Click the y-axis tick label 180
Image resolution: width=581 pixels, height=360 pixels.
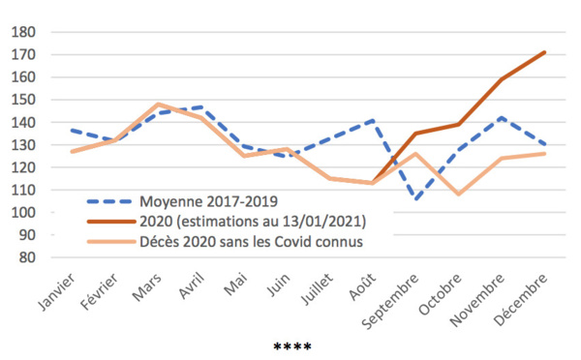click(x=23, y=32)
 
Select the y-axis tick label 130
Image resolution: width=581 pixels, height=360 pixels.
click(x=23, y=145)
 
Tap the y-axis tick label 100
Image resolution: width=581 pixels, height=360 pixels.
click(x=23, y=213)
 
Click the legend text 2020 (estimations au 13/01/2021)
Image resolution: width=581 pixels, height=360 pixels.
click(x=253, y=221)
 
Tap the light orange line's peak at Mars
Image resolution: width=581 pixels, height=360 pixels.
click(x=158, y=105)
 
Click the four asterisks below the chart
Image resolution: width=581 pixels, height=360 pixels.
click(x=292, y=346)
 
